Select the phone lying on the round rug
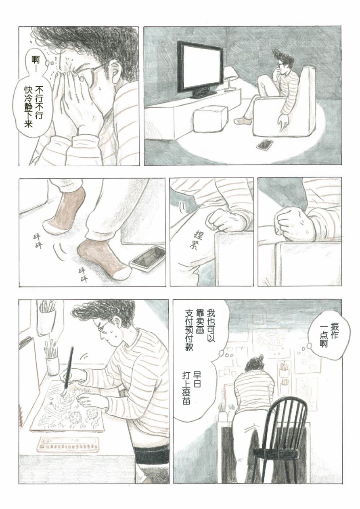(x=265, y=144)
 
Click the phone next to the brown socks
(x=147, y=259)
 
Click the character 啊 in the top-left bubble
(x=36, y=60)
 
